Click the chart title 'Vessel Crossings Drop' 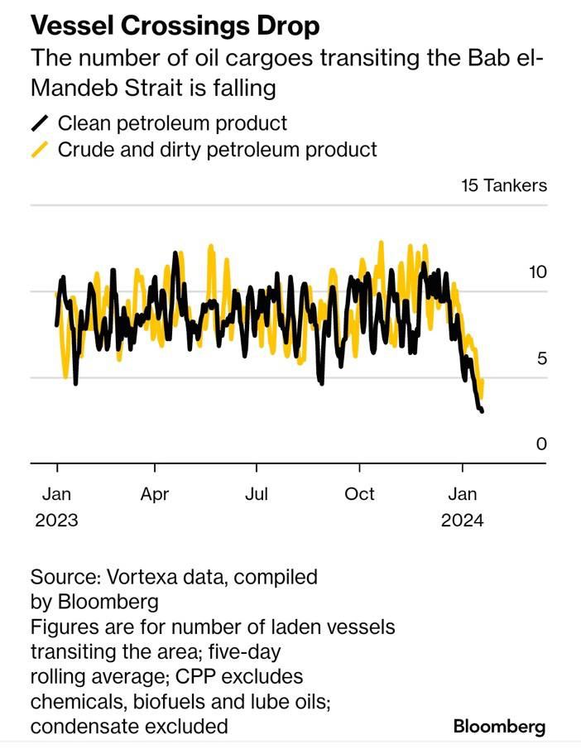(175, 26)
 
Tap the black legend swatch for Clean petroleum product (40, 124)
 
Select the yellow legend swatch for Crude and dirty (40, 150)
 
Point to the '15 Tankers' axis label (504, 185)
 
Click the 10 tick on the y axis (538, 272)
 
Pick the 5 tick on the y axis (542, 358)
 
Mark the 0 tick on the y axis (542, 444)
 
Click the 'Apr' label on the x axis (155, 494)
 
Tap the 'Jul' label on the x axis (257, 494)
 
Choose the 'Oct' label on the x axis (360, 494)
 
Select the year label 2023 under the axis (56, 521)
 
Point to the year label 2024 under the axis (462, 521)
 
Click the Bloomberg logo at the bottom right (500, 727)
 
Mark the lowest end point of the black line (482, 411)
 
